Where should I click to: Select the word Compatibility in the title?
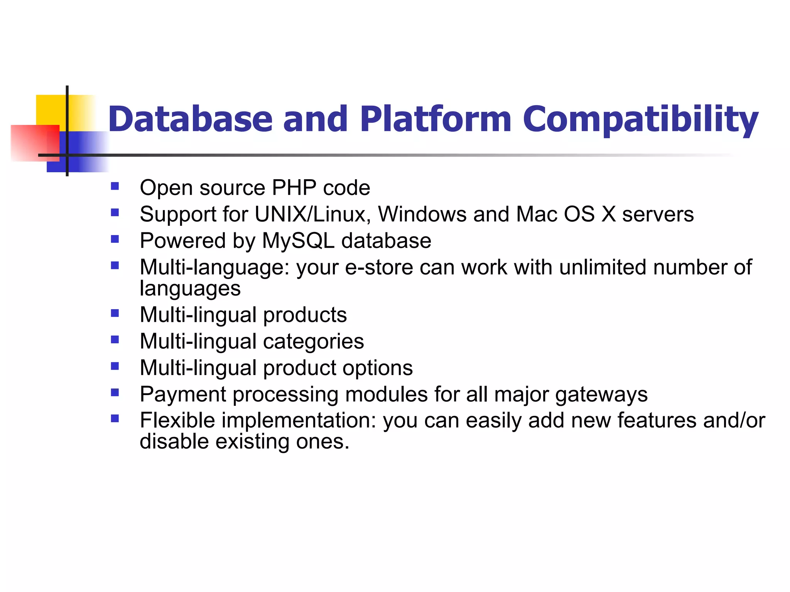[x=640, y=119]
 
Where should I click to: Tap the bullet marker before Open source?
[x=115, y=187]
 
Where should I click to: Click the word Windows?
[x=422, y=214]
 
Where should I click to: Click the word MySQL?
[x=298, y=240]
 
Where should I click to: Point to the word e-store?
[x=379, y=267]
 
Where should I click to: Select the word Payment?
[x=183, y=394]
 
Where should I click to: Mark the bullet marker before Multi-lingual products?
[x=115, y=313]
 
